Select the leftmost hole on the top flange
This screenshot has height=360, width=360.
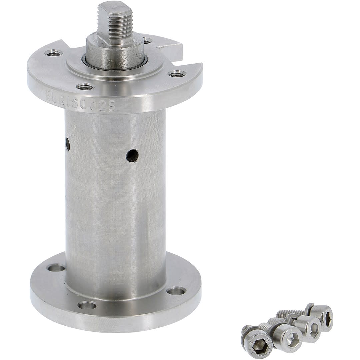tap(53, 53)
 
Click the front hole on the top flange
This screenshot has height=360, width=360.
tap(85, 87)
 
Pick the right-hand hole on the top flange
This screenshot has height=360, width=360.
tap(177, 74)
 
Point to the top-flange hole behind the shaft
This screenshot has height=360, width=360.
tap(147, 41)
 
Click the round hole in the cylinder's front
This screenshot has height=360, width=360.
tap(132, 156)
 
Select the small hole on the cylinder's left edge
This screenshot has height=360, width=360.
tap(68, 144)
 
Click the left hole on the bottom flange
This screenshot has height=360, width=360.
tap(56, 268)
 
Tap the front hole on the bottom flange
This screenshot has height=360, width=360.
tap(87, 305)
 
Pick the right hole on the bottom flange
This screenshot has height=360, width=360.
tap(176, 291)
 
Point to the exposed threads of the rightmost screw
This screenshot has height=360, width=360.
tap(290, 313)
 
